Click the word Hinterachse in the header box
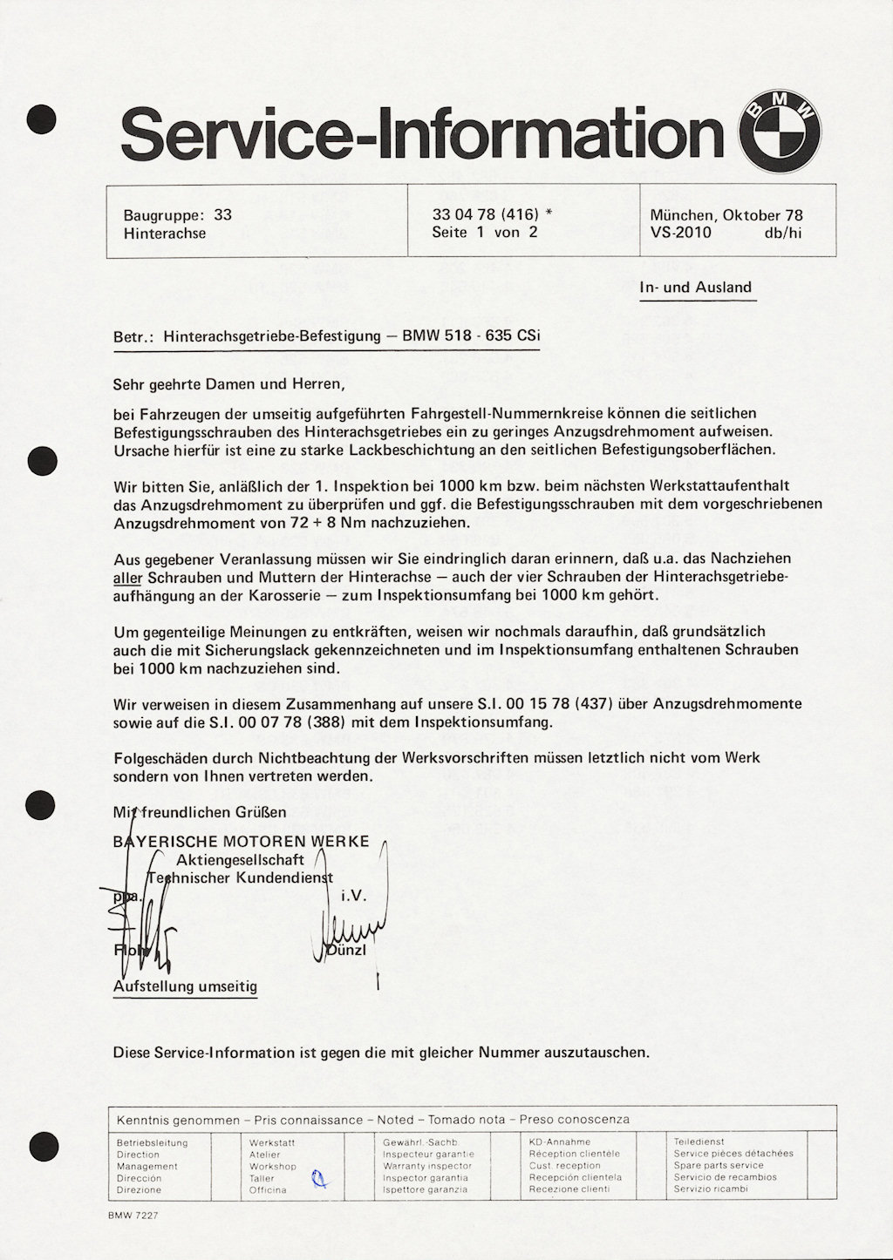coord(165,234)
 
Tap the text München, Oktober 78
coord(726,214)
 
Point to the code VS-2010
coord(680,233)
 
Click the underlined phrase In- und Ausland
coord(695,288)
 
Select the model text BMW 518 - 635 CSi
coord(471,335)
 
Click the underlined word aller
coord(127,578)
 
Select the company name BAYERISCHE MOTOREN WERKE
coord(242,842)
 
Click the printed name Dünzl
coord(346,950)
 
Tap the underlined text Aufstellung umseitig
coord(185,986)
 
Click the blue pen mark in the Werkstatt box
coord(320,1179)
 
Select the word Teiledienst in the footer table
coord(699,1141)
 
